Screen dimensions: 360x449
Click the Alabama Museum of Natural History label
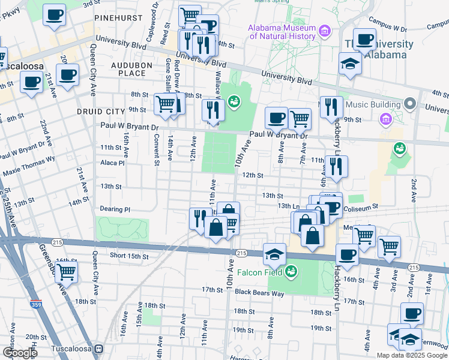pyautogui.click(x=282, y=32)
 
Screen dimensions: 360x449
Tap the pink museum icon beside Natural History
pyautogui.click(x=325, y=30)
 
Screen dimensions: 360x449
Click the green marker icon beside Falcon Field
pyautogui.click(x=291, y=271)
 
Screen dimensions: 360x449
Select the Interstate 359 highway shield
pyautogui.click(x=36, y=305)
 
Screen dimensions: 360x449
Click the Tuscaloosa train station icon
pyautogui.click(x=100, y=349)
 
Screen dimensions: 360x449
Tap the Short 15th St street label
pyautogui.click(x=129, y=256)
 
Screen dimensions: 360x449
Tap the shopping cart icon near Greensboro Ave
pyautogui.click(x=66, y=272)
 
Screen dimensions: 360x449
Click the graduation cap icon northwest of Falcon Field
pyautogui.click(x=274, y=254)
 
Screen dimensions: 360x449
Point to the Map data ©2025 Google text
pyautogui.click(x=412, y=355)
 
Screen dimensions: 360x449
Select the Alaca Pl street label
pyautogui.click(x=112, y=163)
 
